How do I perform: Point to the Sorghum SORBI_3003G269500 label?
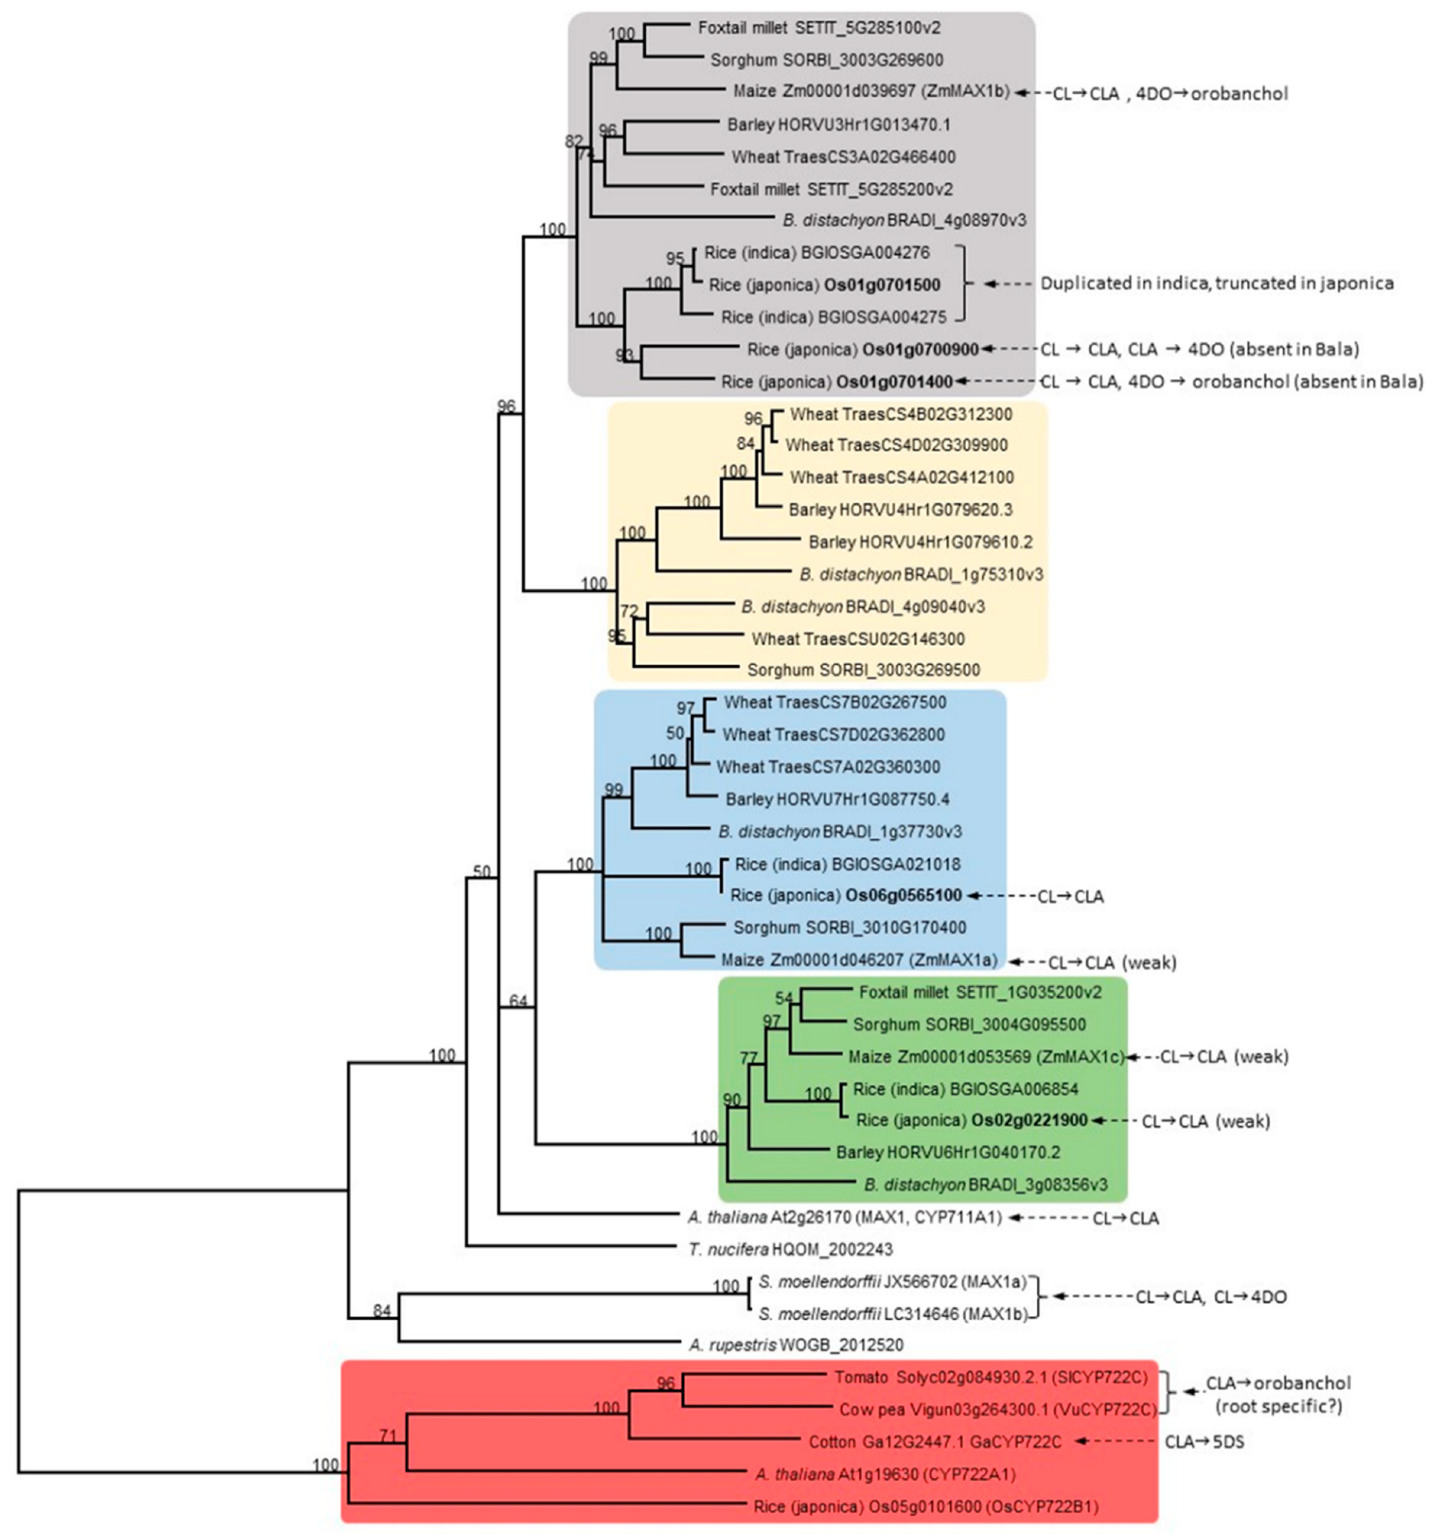[x=862, y=670]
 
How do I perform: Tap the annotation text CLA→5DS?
[x=1204, y=1442]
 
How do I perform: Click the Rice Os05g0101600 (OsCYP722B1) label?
[x=925, y=1506]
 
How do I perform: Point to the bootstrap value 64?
[x=518, y=1002]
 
